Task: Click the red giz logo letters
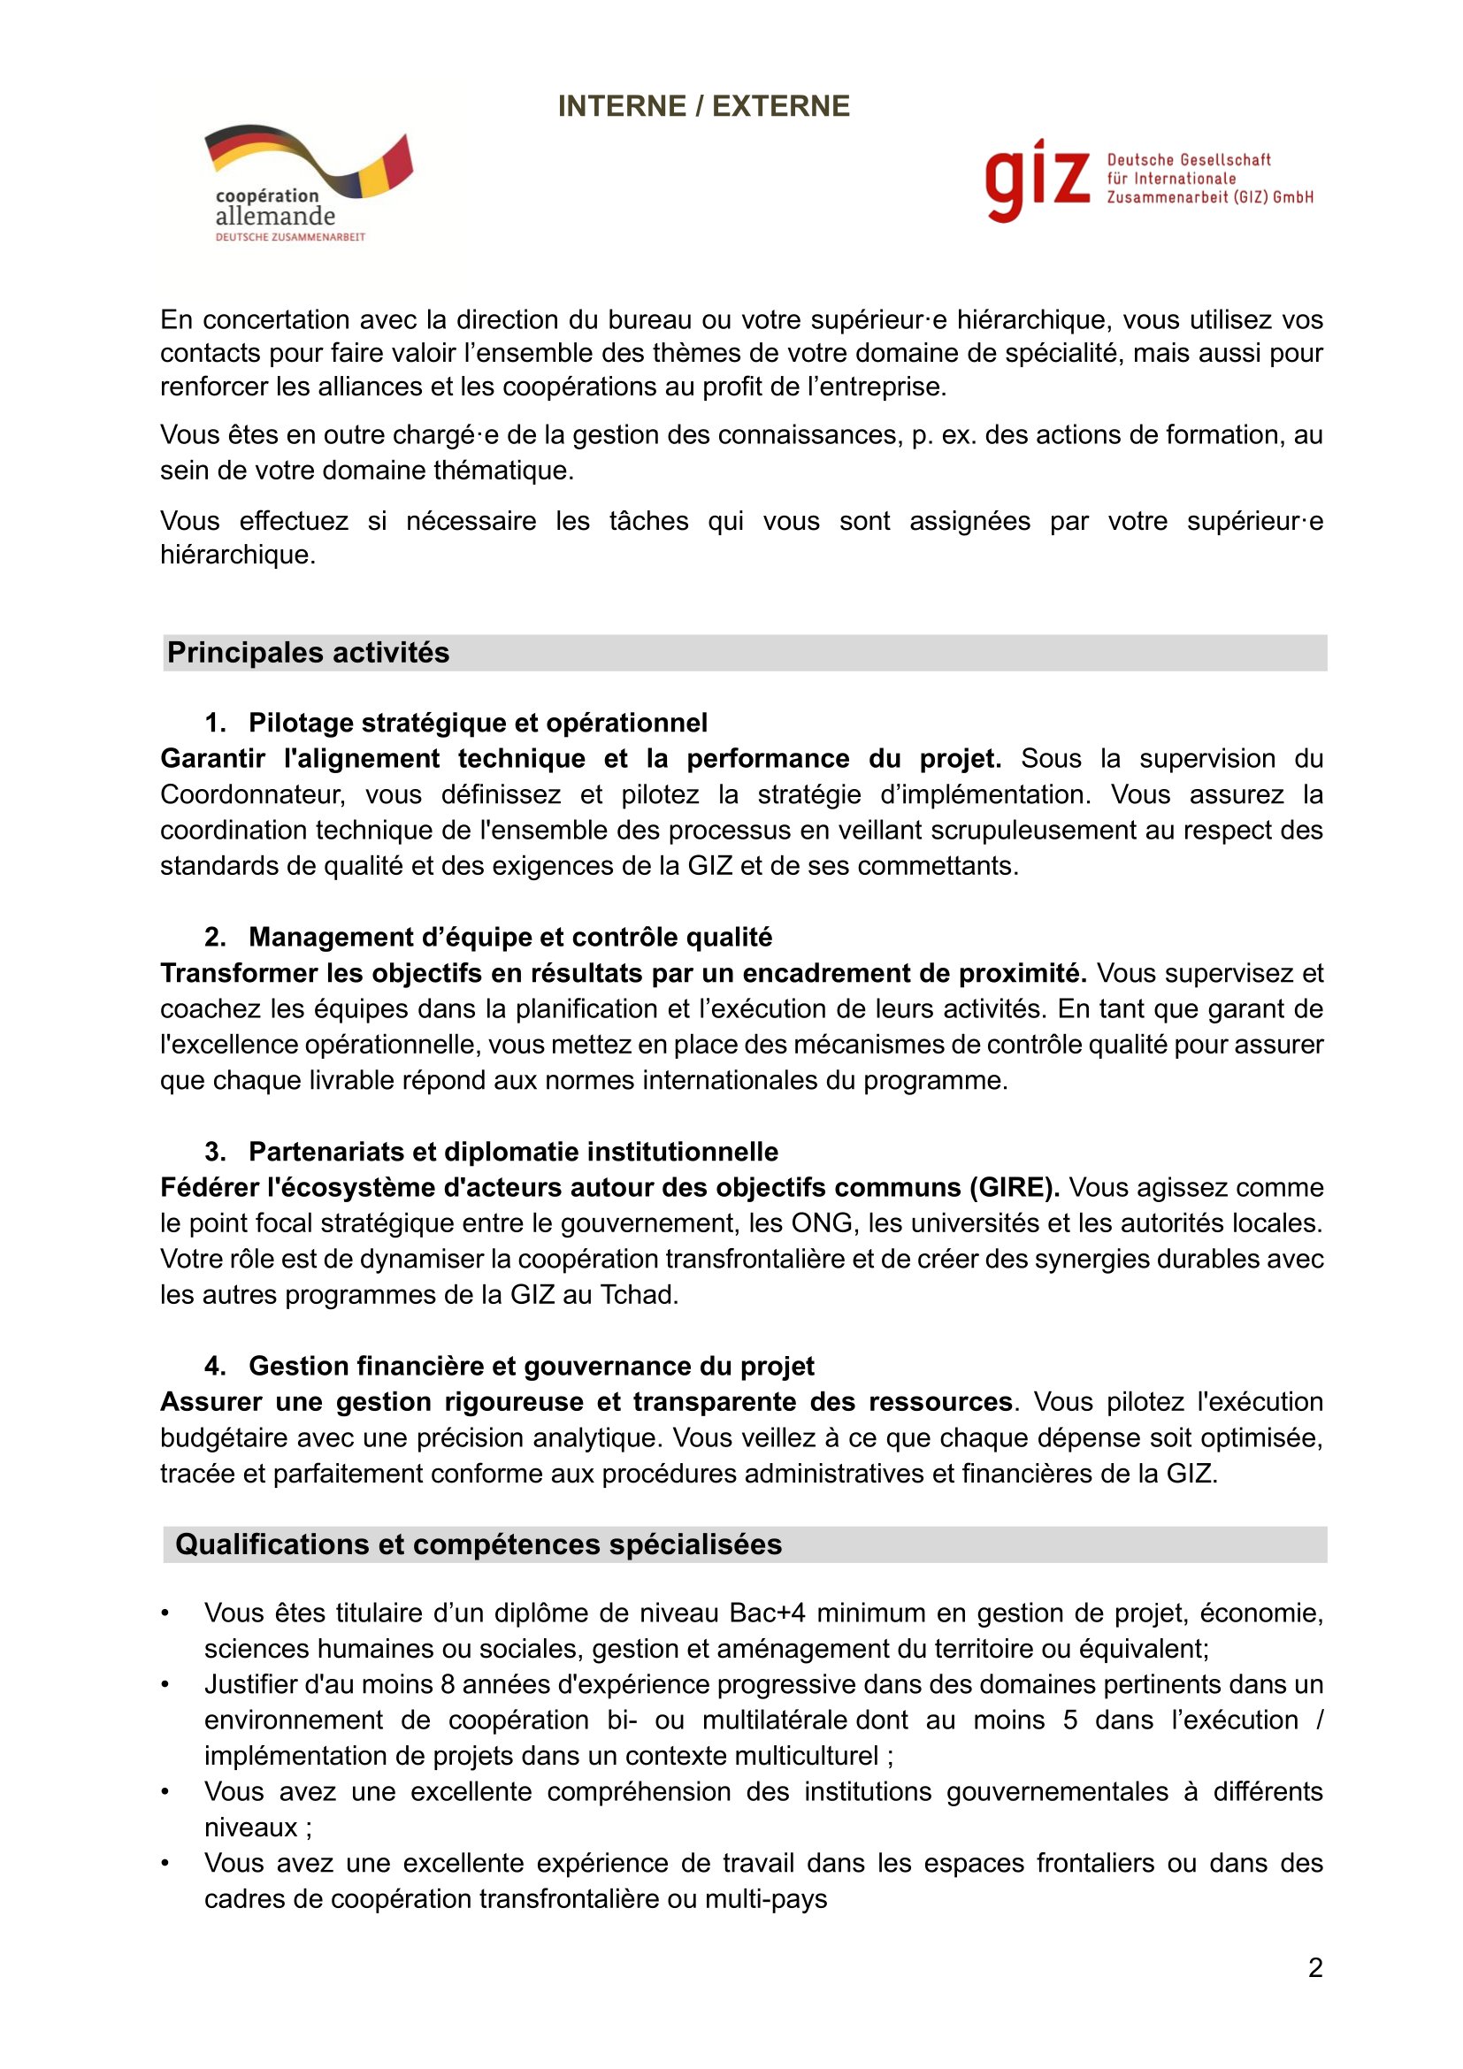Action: [1037, 180]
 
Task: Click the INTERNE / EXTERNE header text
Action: [703, 106]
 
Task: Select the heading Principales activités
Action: [308, 653]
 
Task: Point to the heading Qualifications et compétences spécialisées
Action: [479, 1544]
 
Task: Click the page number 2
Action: [1315, 1968]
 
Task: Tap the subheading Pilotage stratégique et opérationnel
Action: [478, 723]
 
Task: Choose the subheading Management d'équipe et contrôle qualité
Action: [509, 937]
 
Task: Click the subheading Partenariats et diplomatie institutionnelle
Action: [514, 1152]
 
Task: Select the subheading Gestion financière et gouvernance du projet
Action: [532, 1366]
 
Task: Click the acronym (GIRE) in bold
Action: [1015, 1188]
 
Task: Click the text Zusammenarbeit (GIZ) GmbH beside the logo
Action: [1210, 197]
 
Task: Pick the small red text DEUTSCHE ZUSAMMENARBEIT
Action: [290, 237]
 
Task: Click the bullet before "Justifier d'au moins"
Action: [165, 1684]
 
